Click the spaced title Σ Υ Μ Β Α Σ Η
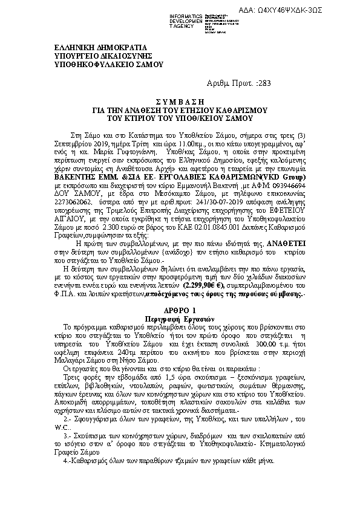(180, 102)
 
